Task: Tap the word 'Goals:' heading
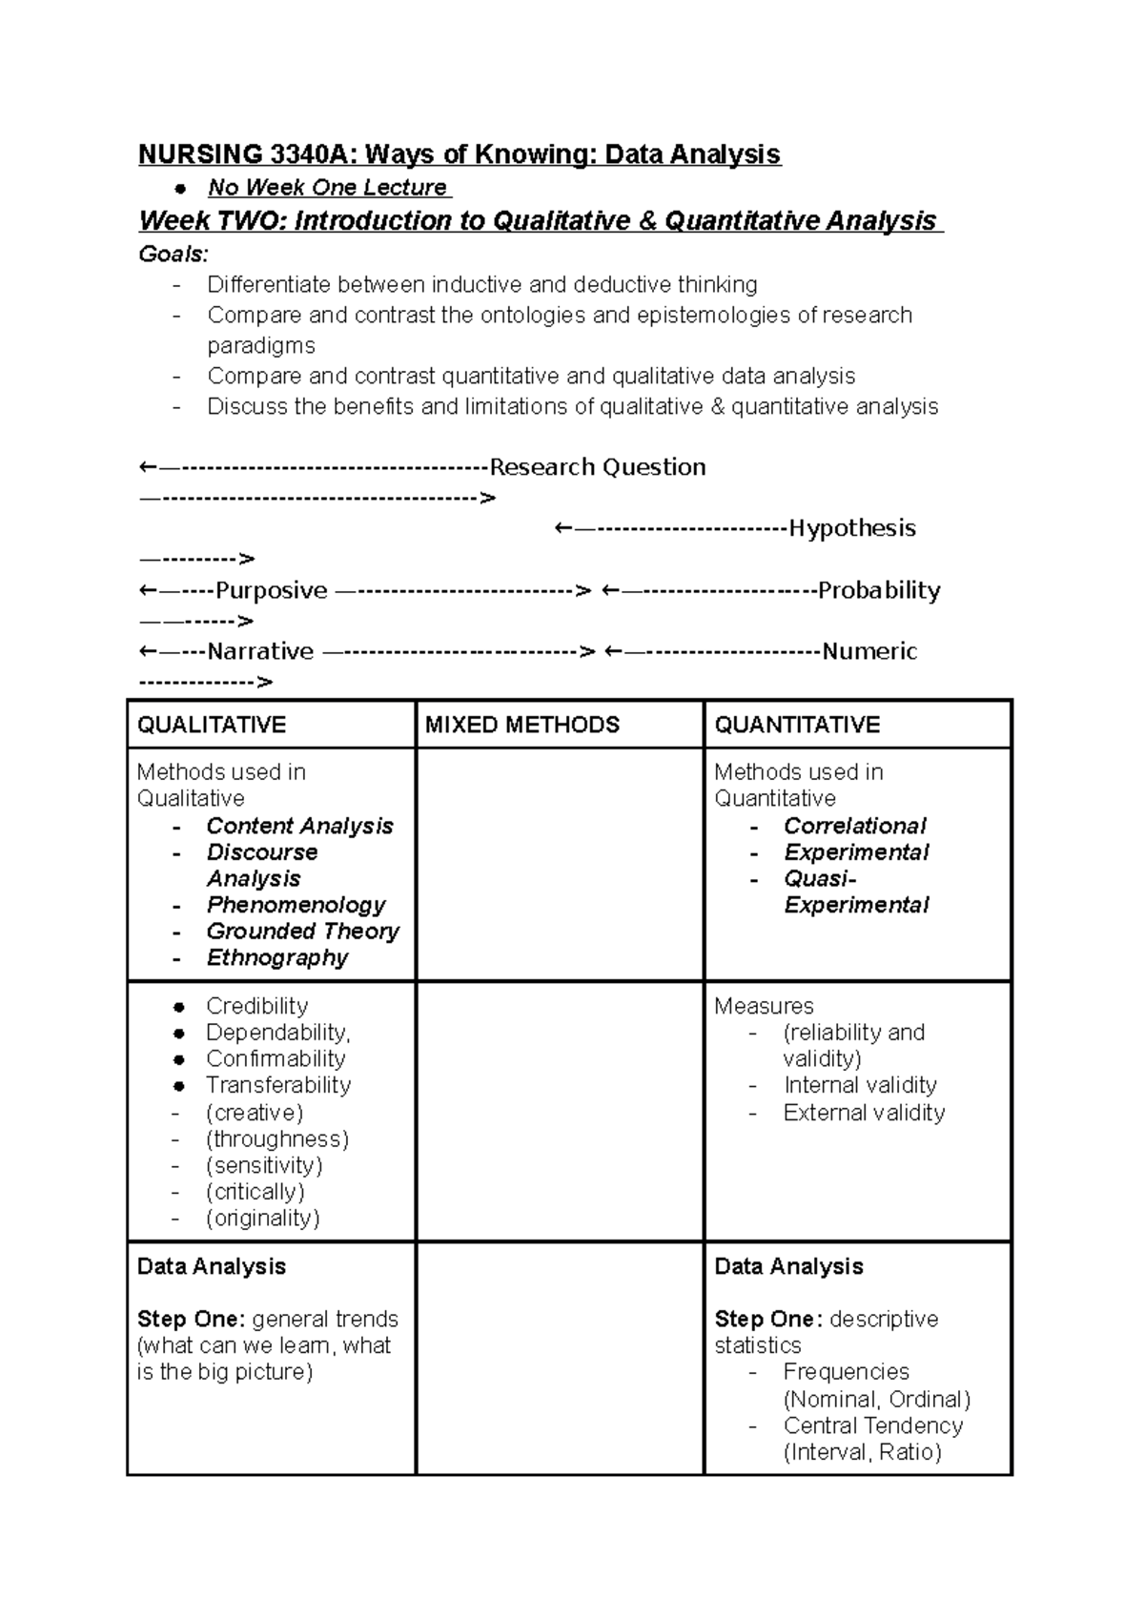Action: [x=173, y=255]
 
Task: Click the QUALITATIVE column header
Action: [x=212, y=725]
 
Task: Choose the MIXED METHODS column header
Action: [x=521, y=725]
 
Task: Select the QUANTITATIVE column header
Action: [x=797, y=725]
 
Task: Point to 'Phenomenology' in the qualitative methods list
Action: [x=296, y=905]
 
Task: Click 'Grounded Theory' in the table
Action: [x=302, y=932]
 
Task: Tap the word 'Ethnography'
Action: [x=277, y=957]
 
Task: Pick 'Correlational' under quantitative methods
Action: [x=854, y=826]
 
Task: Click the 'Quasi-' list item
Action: [x=820, y=878]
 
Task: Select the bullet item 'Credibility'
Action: [x=256, y=1006]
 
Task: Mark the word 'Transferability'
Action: [x=278, y=1085]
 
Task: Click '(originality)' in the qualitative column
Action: [x=262, y=1218]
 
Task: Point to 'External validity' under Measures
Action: [x=864, y=1113]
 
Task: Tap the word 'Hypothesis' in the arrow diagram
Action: [x=851, y=528]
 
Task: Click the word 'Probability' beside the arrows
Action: [x=879, y=590]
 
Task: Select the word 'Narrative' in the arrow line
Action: [x=260, y=651]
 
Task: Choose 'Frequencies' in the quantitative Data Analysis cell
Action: [x=846, y=1372]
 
